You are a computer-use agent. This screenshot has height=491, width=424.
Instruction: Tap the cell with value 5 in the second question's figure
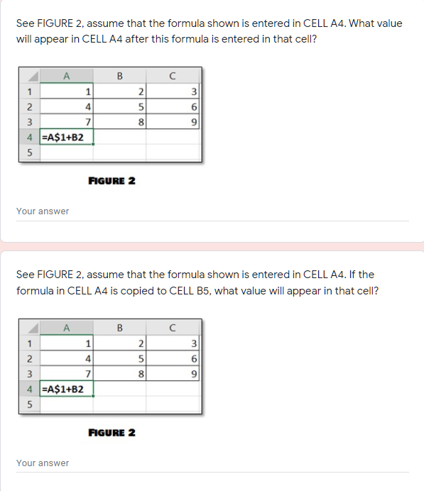coord(119,358)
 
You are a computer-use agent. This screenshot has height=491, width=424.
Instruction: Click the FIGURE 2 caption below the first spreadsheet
coord(112,180)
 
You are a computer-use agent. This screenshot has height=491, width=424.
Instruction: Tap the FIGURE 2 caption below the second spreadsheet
coord(112,432)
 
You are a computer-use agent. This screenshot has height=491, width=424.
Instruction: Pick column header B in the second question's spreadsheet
coord(119,328)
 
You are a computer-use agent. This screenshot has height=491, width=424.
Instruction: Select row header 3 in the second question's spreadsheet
coord(29,373)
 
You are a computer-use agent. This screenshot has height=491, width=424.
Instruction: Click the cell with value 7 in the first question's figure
coord(66,121)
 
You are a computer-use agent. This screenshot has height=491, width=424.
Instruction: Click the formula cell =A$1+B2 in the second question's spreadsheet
coord(66,389)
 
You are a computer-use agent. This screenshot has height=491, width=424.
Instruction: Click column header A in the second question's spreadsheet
coord(66,328)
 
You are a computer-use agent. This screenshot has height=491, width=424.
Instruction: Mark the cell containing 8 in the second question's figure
coord(119,373)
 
